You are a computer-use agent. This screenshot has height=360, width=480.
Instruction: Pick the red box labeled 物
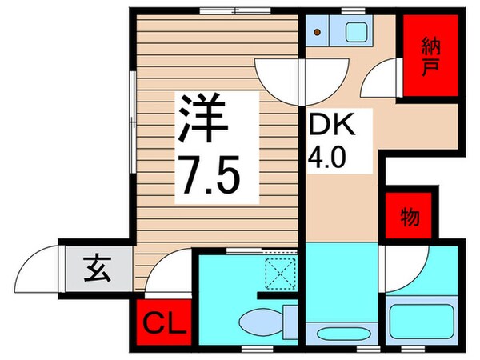410,216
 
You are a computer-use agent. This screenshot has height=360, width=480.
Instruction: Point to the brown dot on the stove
318,33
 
